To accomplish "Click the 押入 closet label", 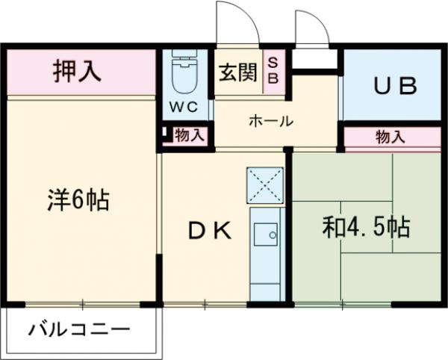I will point(77,71).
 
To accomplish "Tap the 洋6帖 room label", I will point(79,199).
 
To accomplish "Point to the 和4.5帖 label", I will point(366,227).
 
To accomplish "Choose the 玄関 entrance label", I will point(237,72).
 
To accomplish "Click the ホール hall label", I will point(270,121).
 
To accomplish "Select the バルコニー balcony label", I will point(81,329).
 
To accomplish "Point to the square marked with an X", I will point(265,184).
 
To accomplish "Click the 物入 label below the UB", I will point(391,137).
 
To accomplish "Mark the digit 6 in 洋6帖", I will point(78,199).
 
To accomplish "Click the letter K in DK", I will point(222,230).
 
